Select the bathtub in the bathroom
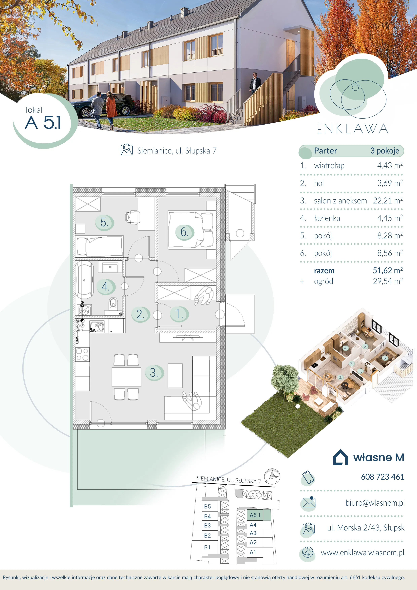click(84, 280)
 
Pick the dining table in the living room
click(126, 377)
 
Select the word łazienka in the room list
click(327, 218)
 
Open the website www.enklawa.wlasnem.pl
click(363, 553)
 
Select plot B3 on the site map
click(207, 525)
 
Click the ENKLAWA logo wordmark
click(352, 129)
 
